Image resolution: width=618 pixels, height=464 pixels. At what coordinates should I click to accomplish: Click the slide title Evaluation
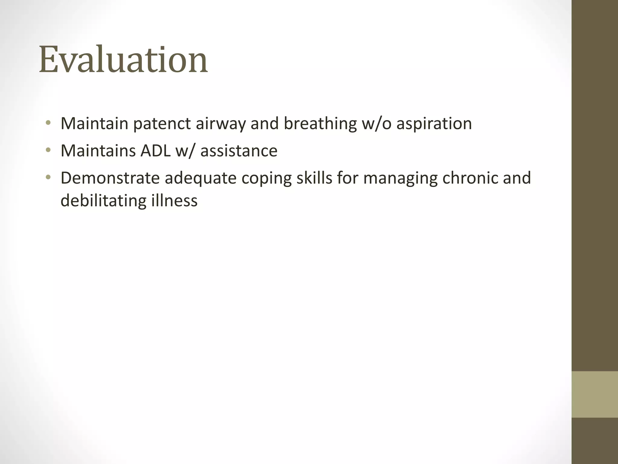123,60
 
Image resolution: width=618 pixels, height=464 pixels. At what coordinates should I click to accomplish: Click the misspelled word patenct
162,124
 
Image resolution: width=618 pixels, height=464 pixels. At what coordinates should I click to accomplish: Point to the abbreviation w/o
376,124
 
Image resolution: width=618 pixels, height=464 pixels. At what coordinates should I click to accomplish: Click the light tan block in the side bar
594,395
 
